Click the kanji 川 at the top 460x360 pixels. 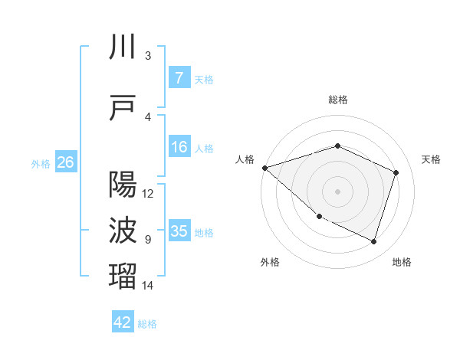click(x=123, y=47)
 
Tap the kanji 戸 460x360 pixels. click(x=123, y=108)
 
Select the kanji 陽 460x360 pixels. click(x=123, y=185)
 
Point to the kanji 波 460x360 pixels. click(x=123, y=231)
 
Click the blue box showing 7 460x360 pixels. click(x=179, y=78)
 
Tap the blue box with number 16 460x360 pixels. click(x=179, y=147)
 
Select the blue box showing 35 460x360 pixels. click(x=179, y=231)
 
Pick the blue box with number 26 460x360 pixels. click(x=65, y=162)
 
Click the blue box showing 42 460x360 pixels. click(x=123, y=322)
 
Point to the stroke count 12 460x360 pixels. click(x=149, y=194)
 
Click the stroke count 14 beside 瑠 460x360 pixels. click(x=149, y=286)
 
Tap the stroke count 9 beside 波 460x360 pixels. click(x=148, y=240)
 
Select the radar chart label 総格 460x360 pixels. click(x=337, y=100)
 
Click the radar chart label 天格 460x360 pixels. click(x=432, y=159)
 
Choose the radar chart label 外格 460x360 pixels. click(x=270, y=262)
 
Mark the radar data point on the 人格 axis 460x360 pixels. click(x=264, y=168)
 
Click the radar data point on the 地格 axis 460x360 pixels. click(x=373, y=241)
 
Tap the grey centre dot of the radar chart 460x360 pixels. click(x=337, y=191)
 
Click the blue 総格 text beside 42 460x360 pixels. click(x=147, y=324)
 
